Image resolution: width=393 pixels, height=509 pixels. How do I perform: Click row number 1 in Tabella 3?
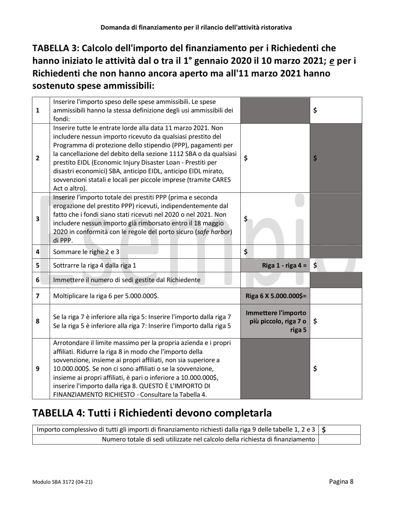[38, 110]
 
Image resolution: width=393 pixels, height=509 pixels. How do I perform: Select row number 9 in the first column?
[38, 369]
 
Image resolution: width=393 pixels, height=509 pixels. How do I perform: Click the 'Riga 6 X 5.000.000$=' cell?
[276, 296]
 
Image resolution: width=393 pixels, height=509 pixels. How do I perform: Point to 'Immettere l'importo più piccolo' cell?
[276, 321]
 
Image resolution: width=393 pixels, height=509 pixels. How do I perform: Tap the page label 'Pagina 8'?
[341, 481]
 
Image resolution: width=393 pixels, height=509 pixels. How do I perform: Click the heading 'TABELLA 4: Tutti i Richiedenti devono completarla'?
[152, 413]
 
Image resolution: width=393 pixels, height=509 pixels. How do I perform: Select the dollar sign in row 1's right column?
[316, 110]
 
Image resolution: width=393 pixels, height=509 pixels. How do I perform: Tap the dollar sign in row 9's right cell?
[316, 369]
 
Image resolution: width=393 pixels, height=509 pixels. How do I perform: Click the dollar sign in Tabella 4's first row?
[324, 430]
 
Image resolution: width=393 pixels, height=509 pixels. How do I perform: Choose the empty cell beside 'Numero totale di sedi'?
[339, 439]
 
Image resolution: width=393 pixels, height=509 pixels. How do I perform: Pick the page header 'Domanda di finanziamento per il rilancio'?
[196, 27]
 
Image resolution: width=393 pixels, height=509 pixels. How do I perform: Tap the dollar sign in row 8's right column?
[316, 321]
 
